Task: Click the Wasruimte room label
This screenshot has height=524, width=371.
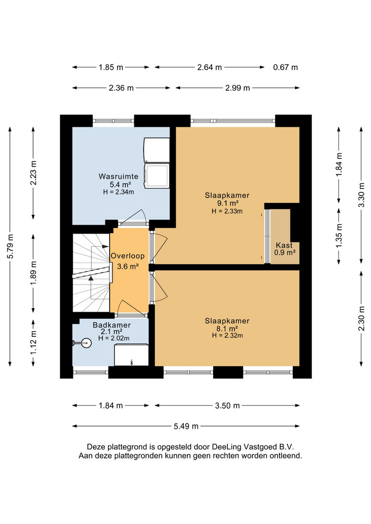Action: (118, 177)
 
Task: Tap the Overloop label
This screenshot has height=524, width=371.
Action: (128, 256)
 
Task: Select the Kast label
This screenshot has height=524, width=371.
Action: (284, 245)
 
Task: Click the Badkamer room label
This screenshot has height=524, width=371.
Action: (112, 325)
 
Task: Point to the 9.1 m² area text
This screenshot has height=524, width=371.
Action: (227, 203)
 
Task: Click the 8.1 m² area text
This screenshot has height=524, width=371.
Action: (227, 329)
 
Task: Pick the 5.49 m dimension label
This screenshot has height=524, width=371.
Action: (186, 426)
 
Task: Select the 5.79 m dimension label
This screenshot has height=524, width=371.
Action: (10, 246)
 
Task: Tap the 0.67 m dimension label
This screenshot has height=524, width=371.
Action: (285, 67)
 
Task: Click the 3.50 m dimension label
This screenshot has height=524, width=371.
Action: (227, 406)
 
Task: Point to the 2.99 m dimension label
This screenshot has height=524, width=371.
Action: (238, 88)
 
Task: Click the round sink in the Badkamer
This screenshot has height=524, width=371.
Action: (86, 343)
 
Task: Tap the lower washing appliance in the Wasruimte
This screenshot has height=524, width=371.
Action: (156, 176)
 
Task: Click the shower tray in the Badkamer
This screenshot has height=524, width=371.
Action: (131, 355)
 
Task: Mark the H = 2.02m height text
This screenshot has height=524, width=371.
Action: (114, 338)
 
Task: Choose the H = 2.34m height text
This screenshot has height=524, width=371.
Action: (119, 192)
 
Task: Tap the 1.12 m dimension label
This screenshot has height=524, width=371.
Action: (34, 343)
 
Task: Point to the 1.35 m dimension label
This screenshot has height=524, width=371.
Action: (339, 236)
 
